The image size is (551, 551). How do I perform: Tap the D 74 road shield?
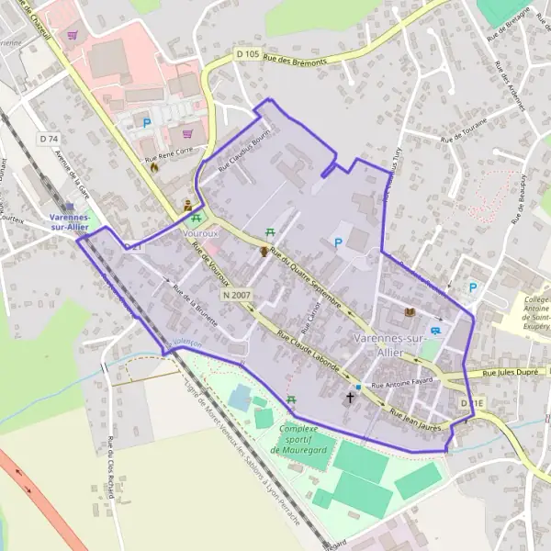click(49, 138)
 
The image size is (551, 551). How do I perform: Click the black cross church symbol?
click(350, 399)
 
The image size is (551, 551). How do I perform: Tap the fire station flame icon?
click(154, 168)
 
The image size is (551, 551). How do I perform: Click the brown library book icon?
click(410, 313)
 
